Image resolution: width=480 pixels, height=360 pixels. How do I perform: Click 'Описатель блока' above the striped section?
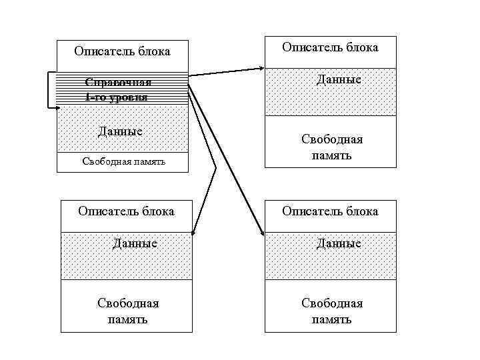pyautogui.click(x=122, y=51)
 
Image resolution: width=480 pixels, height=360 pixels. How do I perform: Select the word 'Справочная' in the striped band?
pyautogui.click(x=118, y=82)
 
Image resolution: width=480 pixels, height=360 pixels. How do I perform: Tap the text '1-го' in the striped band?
pyautogui.click(x=96, y=97)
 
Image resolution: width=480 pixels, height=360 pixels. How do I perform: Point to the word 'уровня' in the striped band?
pyautogui.click(x=129, y=97)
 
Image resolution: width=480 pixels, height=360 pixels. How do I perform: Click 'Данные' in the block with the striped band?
pyautogui.click(x=120, y=131)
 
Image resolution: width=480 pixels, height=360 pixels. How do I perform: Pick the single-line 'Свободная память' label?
pyautogui.click(x=123, y=161)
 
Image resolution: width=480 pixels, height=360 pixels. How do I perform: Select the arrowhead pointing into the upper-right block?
pyautogui.click(x=261, y=67)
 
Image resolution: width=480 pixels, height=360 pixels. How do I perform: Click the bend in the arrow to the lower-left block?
pyautogui.click(x=215, y=167)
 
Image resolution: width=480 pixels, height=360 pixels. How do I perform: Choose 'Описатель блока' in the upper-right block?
pyautogui.click(x=330, y=47)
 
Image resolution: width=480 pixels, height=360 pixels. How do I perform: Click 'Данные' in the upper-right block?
pyautogui.click(x=339, y=80)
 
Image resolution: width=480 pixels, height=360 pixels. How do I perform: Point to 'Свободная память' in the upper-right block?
pyautogui.click(x=332, y=147)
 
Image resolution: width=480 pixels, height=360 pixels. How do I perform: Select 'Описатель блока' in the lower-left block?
pyautogui.click(x=126, y=211)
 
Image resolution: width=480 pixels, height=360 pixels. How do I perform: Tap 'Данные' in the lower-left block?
pyautogui.click(x=135, y=243)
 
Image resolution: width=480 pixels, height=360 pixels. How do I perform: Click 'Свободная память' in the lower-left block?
pyautogui.click(x=128, y=311)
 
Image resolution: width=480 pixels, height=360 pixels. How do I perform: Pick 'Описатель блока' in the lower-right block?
pyautogui.click(x=330, y=211)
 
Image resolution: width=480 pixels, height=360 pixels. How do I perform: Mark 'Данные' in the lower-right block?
pyautogui.click(x=339, y=243)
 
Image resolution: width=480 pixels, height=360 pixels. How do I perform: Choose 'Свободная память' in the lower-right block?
pyautogui.click(x=332, y=311)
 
